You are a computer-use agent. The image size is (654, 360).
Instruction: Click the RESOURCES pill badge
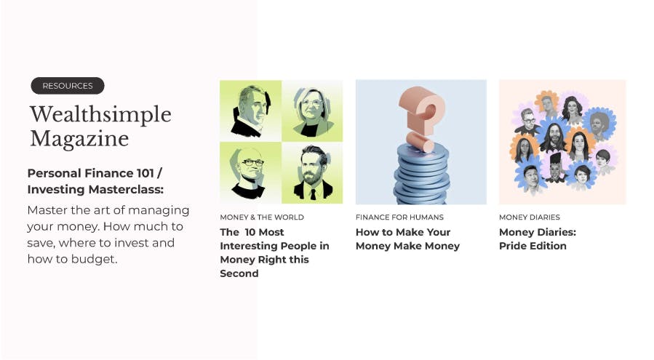68,86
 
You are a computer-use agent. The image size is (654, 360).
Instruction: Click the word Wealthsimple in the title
100,114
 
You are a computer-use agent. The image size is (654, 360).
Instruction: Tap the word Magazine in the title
79,139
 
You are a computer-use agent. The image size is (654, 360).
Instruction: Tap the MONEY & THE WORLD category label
262,217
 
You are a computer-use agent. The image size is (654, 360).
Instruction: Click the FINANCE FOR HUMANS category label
399,217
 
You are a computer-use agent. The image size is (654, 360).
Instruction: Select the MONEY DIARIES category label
530,217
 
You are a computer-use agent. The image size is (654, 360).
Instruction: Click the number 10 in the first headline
250,232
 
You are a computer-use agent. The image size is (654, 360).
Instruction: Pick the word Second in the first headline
239,273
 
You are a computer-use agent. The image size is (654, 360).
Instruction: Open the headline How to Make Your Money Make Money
407,239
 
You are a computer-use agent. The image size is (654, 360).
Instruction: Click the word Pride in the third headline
512,246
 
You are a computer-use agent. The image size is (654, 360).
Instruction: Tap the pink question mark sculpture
422,117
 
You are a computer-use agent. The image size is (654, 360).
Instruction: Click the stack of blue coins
422,175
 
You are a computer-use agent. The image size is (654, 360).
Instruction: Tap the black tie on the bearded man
314,194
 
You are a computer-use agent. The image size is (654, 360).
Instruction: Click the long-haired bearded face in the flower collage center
554,136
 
